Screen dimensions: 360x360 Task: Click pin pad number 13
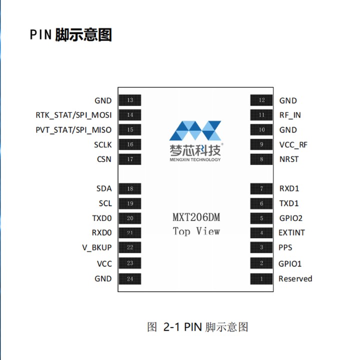130,100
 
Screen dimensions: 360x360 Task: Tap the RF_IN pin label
290,115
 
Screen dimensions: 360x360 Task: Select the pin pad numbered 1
261,279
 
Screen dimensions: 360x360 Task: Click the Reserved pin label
295,279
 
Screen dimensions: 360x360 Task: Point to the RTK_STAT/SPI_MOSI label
73,115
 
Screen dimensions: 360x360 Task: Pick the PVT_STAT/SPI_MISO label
73,130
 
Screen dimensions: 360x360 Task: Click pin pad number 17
130,159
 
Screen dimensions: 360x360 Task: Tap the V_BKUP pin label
96,247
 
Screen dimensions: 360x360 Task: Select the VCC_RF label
293,145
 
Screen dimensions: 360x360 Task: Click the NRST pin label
288,159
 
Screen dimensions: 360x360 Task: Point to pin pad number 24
130,279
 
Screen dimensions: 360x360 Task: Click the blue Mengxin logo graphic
195,130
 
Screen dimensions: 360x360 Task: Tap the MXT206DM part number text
196,218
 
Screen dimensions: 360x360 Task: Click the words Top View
196,231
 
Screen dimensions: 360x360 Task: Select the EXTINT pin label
291,232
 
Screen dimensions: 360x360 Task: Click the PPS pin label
285,247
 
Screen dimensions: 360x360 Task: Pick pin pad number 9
261,145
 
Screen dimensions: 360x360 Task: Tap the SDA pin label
104,188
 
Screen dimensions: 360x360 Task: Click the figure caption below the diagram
197,327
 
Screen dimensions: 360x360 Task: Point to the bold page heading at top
70,35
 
